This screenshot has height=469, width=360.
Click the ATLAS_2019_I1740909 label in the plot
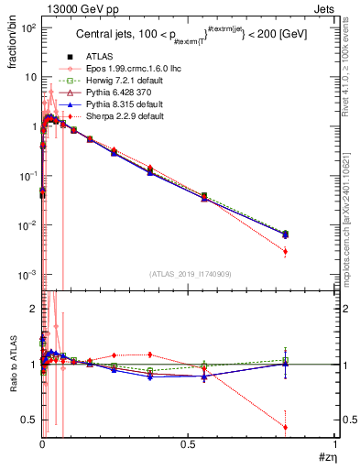point(188,273)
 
